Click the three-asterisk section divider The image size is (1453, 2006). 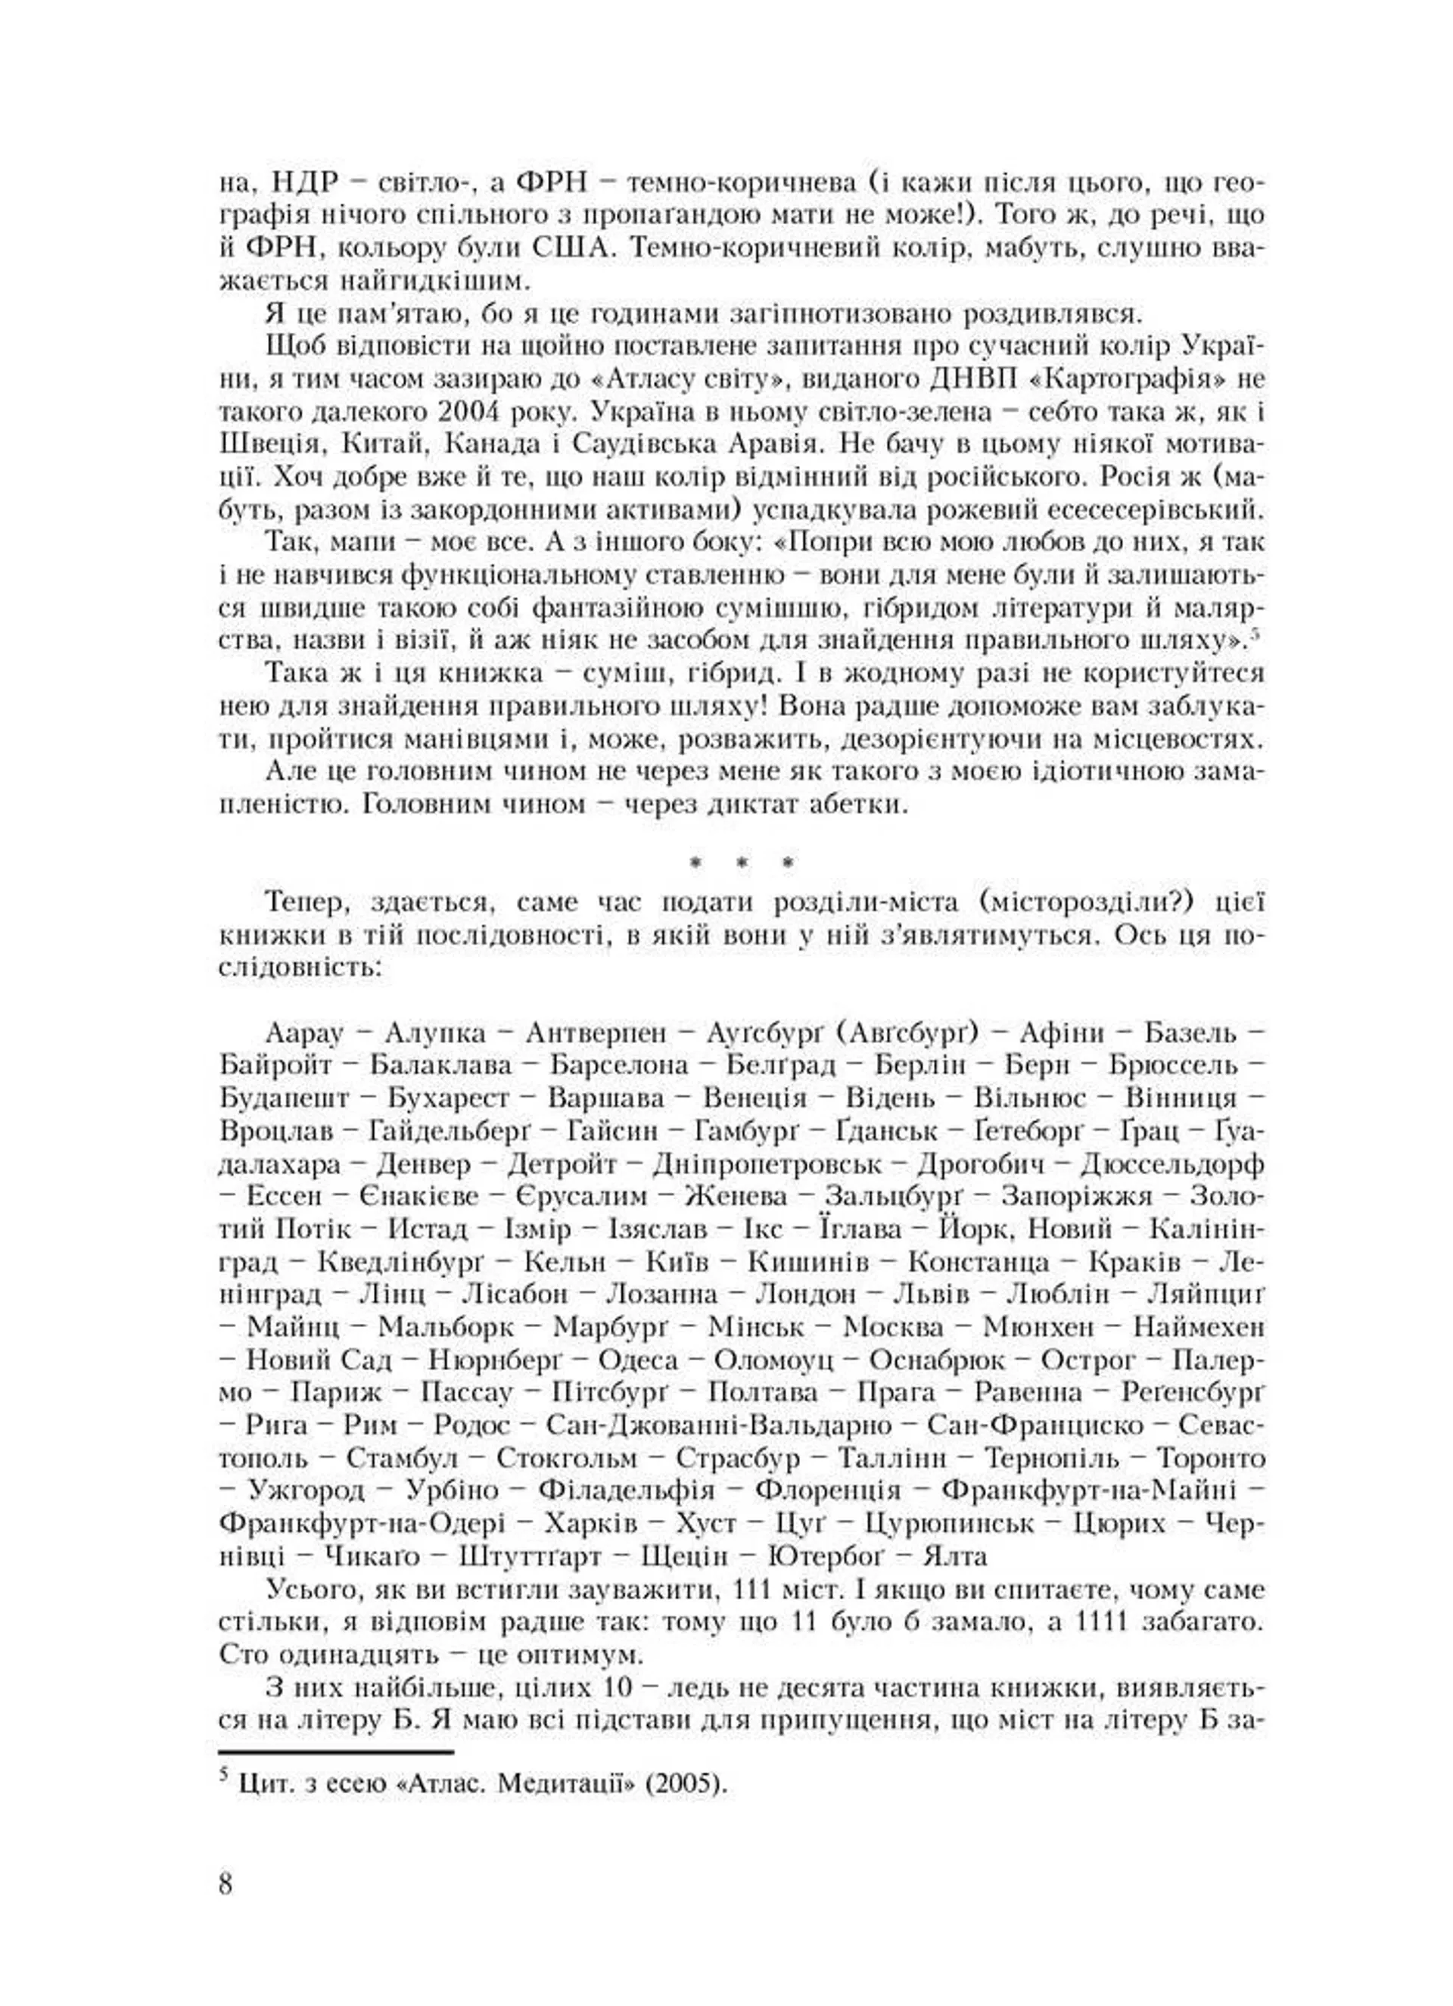click(x=743, y=861)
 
